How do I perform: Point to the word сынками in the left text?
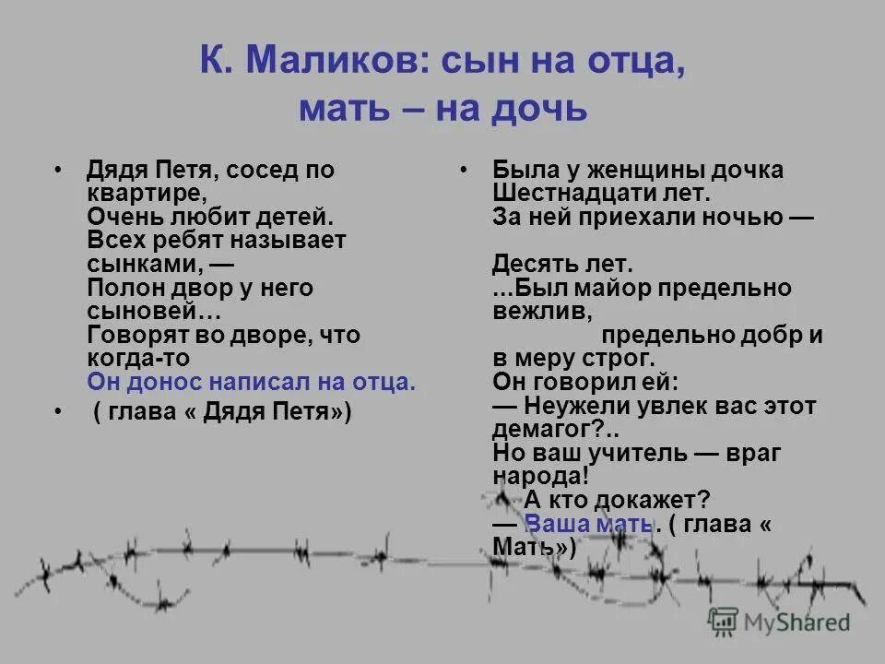click(138, 264)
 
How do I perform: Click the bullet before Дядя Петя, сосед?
click(60, 171)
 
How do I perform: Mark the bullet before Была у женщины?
click(464, 171)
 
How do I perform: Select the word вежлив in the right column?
click(537, 311)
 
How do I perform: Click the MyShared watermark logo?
click(779, 621)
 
